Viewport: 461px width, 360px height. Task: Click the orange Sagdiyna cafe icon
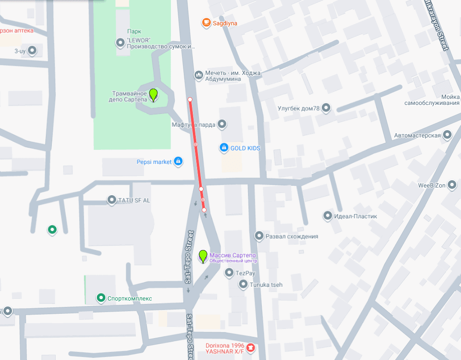pos(206,22)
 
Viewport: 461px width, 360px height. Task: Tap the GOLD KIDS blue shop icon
pos(224,148)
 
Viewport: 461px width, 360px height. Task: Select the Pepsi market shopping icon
pos(178,161)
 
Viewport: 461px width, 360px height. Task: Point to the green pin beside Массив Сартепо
pos(203,256)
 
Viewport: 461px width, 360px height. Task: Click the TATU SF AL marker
pos(112,199)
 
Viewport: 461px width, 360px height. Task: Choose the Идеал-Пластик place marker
pos(328,216)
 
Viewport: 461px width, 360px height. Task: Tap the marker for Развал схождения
pos(259,235)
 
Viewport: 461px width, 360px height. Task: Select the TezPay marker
pos(229,272)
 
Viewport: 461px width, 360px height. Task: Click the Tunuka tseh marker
pos(243,284)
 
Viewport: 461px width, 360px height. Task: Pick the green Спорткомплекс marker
pos(101,298)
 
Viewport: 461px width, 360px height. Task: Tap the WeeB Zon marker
pos(452,185)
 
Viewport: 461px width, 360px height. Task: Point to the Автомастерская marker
pos(447,135)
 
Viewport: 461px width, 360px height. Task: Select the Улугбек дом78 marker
pos(326,107)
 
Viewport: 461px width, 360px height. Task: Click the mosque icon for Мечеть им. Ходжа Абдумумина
pos(198,75)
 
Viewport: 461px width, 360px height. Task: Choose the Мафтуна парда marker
pos(222,125)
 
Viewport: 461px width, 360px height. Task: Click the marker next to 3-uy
pos(32,51)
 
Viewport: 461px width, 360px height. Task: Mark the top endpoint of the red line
pos(190,100)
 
